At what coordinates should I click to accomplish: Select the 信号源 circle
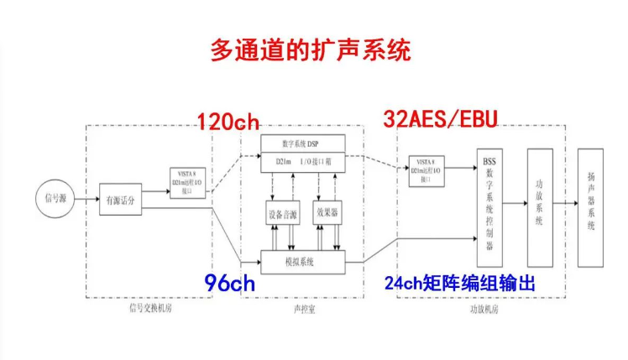(54, 198)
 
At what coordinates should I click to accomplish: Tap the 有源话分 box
(121, 199)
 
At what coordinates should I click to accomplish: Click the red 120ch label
(228, 123)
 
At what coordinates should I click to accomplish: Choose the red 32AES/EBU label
(440, 119)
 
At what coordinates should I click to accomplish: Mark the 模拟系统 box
(302, 263)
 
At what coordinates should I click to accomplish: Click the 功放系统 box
(540, 206)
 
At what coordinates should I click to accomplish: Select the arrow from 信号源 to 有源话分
(86, 199)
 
